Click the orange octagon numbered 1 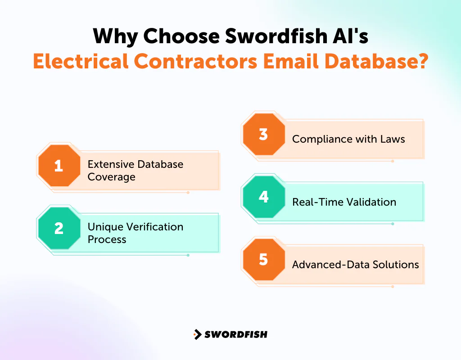pyautogui.click(x=59, y=166)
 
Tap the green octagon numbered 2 pyautogui.click(x=59, y=229)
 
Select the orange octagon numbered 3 pyautogui.click(x=263, y=135)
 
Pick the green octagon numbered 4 pyautogui.click(x=263, y=197)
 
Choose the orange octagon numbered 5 pyautogui.click(x=263, y=260)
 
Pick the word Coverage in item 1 pyautogui.click(x=111, y=177)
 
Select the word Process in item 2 pyautogui.click(x=107, y=239)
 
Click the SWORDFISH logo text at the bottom pyautogui.click(x=236, y=334)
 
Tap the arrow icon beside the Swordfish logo pyautogui.click(x=197, y=334)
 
